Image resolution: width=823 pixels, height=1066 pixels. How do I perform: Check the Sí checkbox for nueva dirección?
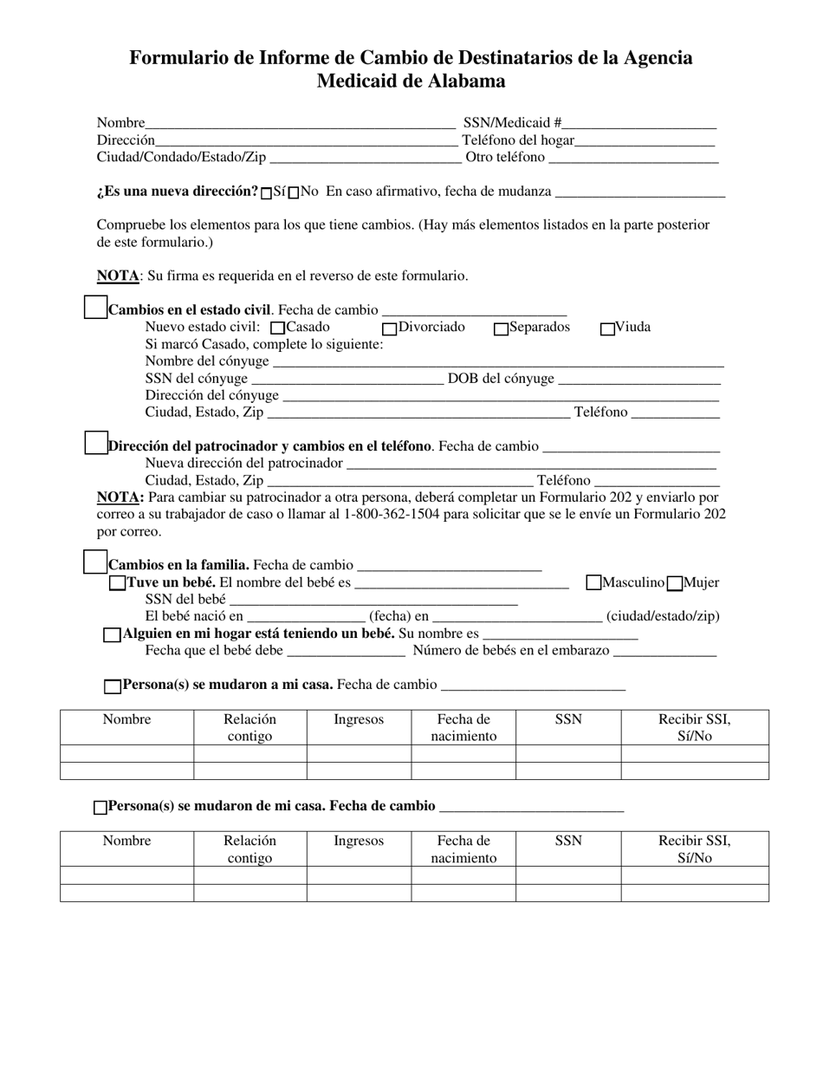[x=267, y=192]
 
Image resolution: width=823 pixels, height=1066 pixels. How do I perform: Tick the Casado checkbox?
[x=278, y=328]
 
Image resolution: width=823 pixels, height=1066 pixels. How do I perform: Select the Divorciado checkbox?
[x=390, y=328]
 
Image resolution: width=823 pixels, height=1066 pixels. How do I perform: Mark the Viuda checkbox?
[x=607, y=328]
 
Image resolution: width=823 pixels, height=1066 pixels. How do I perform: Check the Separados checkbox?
[x=501, y=328]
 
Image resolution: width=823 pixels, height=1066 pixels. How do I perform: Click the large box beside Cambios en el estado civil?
[x=95, y=307]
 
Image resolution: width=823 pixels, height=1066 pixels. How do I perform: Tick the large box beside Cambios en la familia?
[x=95, y=562]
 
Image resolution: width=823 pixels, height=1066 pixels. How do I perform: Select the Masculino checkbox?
[x=593, y=583]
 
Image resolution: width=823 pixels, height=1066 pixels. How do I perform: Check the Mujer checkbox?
[x=676, y=583]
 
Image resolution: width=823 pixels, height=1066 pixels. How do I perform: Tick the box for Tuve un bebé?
[x=117, y=583]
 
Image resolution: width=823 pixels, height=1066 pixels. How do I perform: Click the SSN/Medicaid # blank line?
[x=639, y=124]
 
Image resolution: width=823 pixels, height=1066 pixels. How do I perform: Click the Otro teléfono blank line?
[x=633, y=159]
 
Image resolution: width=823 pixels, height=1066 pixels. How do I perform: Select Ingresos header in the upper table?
[x=359, y=719]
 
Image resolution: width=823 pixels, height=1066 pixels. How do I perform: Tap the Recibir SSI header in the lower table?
[x=694, y=841]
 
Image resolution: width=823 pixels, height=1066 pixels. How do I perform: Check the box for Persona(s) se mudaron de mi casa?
[x=100, y=808]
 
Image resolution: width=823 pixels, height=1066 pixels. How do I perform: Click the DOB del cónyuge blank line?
[x=639, y=380]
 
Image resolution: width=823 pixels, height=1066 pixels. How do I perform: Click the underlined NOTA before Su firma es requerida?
[x=117, y=276]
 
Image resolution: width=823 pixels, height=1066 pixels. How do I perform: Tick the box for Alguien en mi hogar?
[x=112, y=635]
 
